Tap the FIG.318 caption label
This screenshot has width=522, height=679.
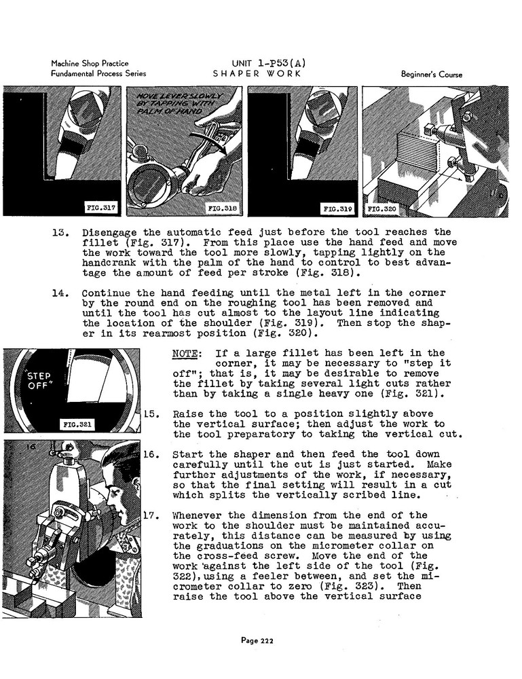click(222, 208)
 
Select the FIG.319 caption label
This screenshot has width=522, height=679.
click(337, 208)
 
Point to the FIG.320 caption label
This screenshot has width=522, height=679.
click(381, 208)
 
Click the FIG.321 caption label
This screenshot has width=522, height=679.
click(78, 426)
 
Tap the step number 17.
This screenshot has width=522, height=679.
click(151, 515)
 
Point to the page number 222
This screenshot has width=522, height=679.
click(261, 639)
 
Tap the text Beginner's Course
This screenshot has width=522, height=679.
click(432, 75)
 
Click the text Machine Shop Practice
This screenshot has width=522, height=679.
click(90, 64)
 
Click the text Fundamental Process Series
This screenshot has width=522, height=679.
click(99, 74)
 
